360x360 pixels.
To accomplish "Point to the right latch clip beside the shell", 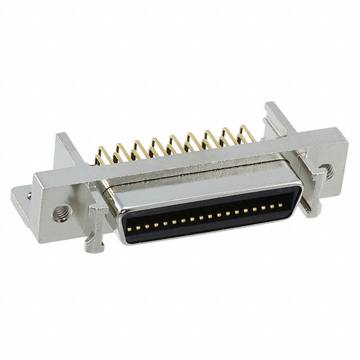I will [x=307, y=186].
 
